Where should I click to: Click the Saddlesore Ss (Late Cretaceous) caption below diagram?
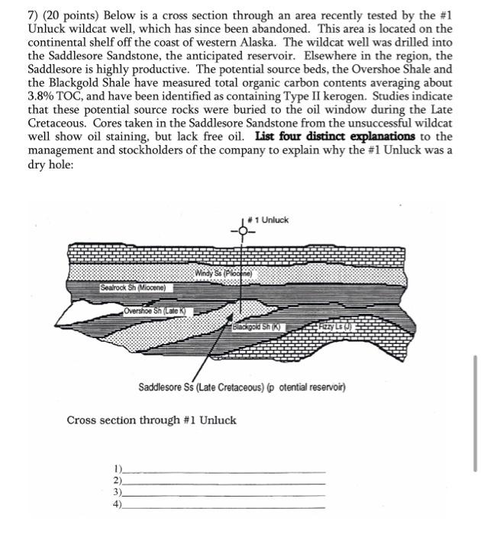242,388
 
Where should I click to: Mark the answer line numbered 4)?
221,505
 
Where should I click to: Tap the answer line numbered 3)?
221,494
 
